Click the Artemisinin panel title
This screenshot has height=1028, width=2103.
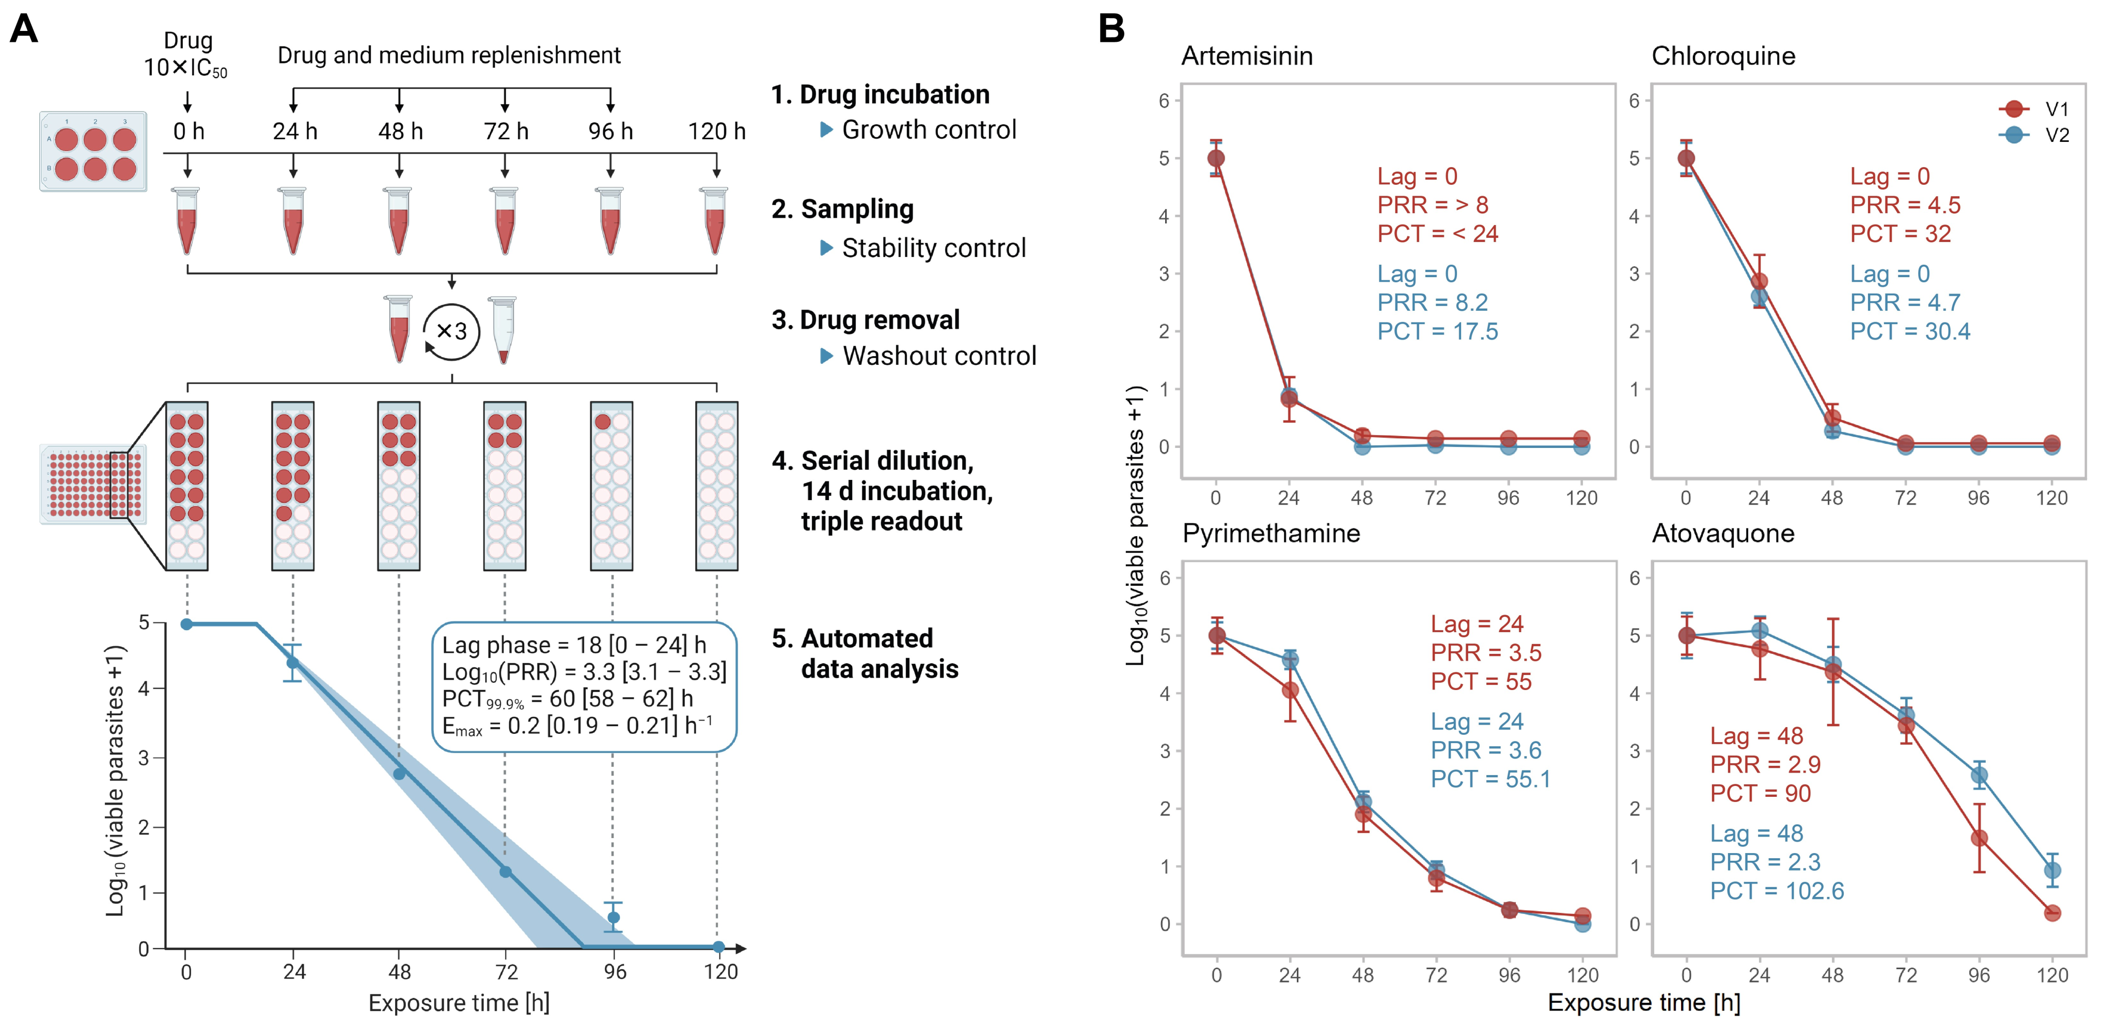pyautogui.click(x=1247, y=56)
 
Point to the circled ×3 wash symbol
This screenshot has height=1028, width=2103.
pyautogui.click(x=451, y=331)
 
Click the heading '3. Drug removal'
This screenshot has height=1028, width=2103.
pyautogui.click(x=866, y=320)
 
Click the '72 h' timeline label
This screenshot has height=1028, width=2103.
pyautogui.click(x=505, y=132)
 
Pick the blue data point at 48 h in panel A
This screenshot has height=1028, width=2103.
pyautogui.click(x=399, y=774)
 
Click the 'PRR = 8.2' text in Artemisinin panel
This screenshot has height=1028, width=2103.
pyautogui.click(x=1432, y=303)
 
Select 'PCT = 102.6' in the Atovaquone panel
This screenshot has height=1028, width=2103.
pyautogui.click(x=1777, y=890)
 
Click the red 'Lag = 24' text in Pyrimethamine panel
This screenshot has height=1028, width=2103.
pyautogui.click(x=1477, y=624)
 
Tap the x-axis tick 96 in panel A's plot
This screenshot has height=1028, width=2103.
pyautogui.click(x=614, y=972)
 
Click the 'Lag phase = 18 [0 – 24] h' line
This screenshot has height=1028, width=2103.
pyautogui.click(x=574, y=646)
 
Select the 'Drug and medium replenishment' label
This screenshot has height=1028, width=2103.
pyautogui.click(x=449, y=56)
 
